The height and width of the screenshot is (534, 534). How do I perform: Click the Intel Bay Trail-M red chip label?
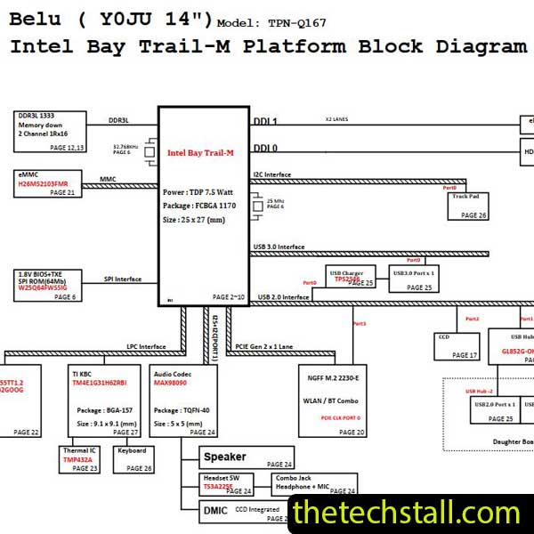coord(200,153)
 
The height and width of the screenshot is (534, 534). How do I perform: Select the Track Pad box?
coord(468,206)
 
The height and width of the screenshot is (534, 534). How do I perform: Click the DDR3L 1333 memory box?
coord(49,131)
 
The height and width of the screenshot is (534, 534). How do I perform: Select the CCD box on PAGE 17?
coord(457,344)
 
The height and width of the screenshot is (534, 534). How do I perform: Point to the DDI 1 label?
coord(265,122)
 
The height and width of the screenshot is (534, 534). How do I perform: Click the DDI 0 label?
coord(265,148)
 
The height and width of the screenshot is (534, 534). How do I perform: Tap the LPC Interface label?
coord(146,346)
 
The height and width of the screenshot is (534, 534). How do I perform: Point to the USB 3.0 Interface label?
coord(279,247)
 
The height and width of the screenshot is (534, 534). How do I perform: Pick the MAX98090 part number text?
coord(172,383)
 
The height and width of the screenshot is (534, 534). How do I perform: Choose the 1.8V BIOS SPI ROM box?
coord(49,284)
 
